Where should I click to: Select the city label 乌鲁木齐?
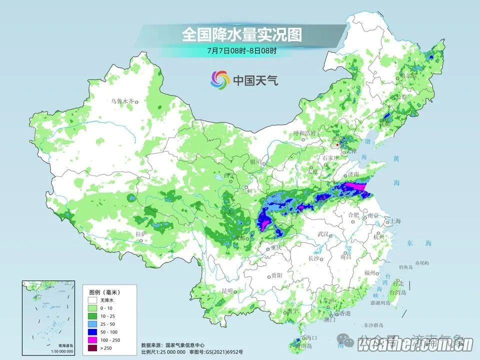pos(122,101)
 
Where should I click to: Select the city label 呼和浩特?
pos(304,133)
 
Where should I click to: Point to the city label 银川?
pos(255,162)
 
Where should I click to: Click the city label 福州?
pos(370,272)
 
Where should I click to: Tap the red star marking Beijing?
pos(337,145)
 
